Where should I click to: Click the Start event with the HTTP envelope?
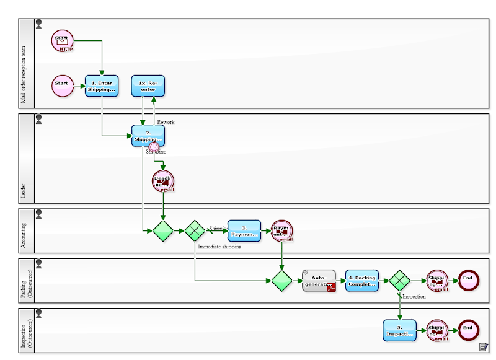(x=62, y=41)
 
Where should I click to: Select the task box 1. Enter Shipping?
(x=102, y=86)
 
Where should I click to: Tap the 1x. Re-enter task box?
(x=148, y=86)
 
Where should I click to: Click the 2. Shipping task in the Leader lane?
(x=148, y=136)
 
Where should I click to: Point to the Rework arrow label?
(x=166, y=122)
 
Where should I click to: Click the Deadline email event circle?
(x=163, y=182)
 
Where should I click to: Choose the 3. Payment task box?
(x=244, y=230)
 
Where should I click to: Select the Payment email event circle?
(x=282, y=231)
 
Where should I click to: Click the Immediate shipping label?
(x=219, y=247)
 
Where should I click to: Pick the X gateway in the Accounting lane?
(x=195, y=231)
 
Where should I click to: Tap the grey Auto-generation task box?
(x=319, y=280)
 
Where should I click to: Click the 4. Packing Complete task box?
(x=361, y=280)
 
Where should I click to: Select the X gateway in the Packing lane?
(x=399, y=281)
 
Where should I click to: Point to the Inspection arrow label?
(x=414, y=297)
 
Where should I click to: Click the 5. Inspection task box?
(x=399, y=330)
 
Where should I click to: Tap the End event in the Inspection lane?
(x=468, y=330)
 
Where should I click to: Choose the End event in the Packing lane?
(x=468, y=280)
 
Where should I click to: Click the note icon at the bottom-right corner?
(x=483, y=347)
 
